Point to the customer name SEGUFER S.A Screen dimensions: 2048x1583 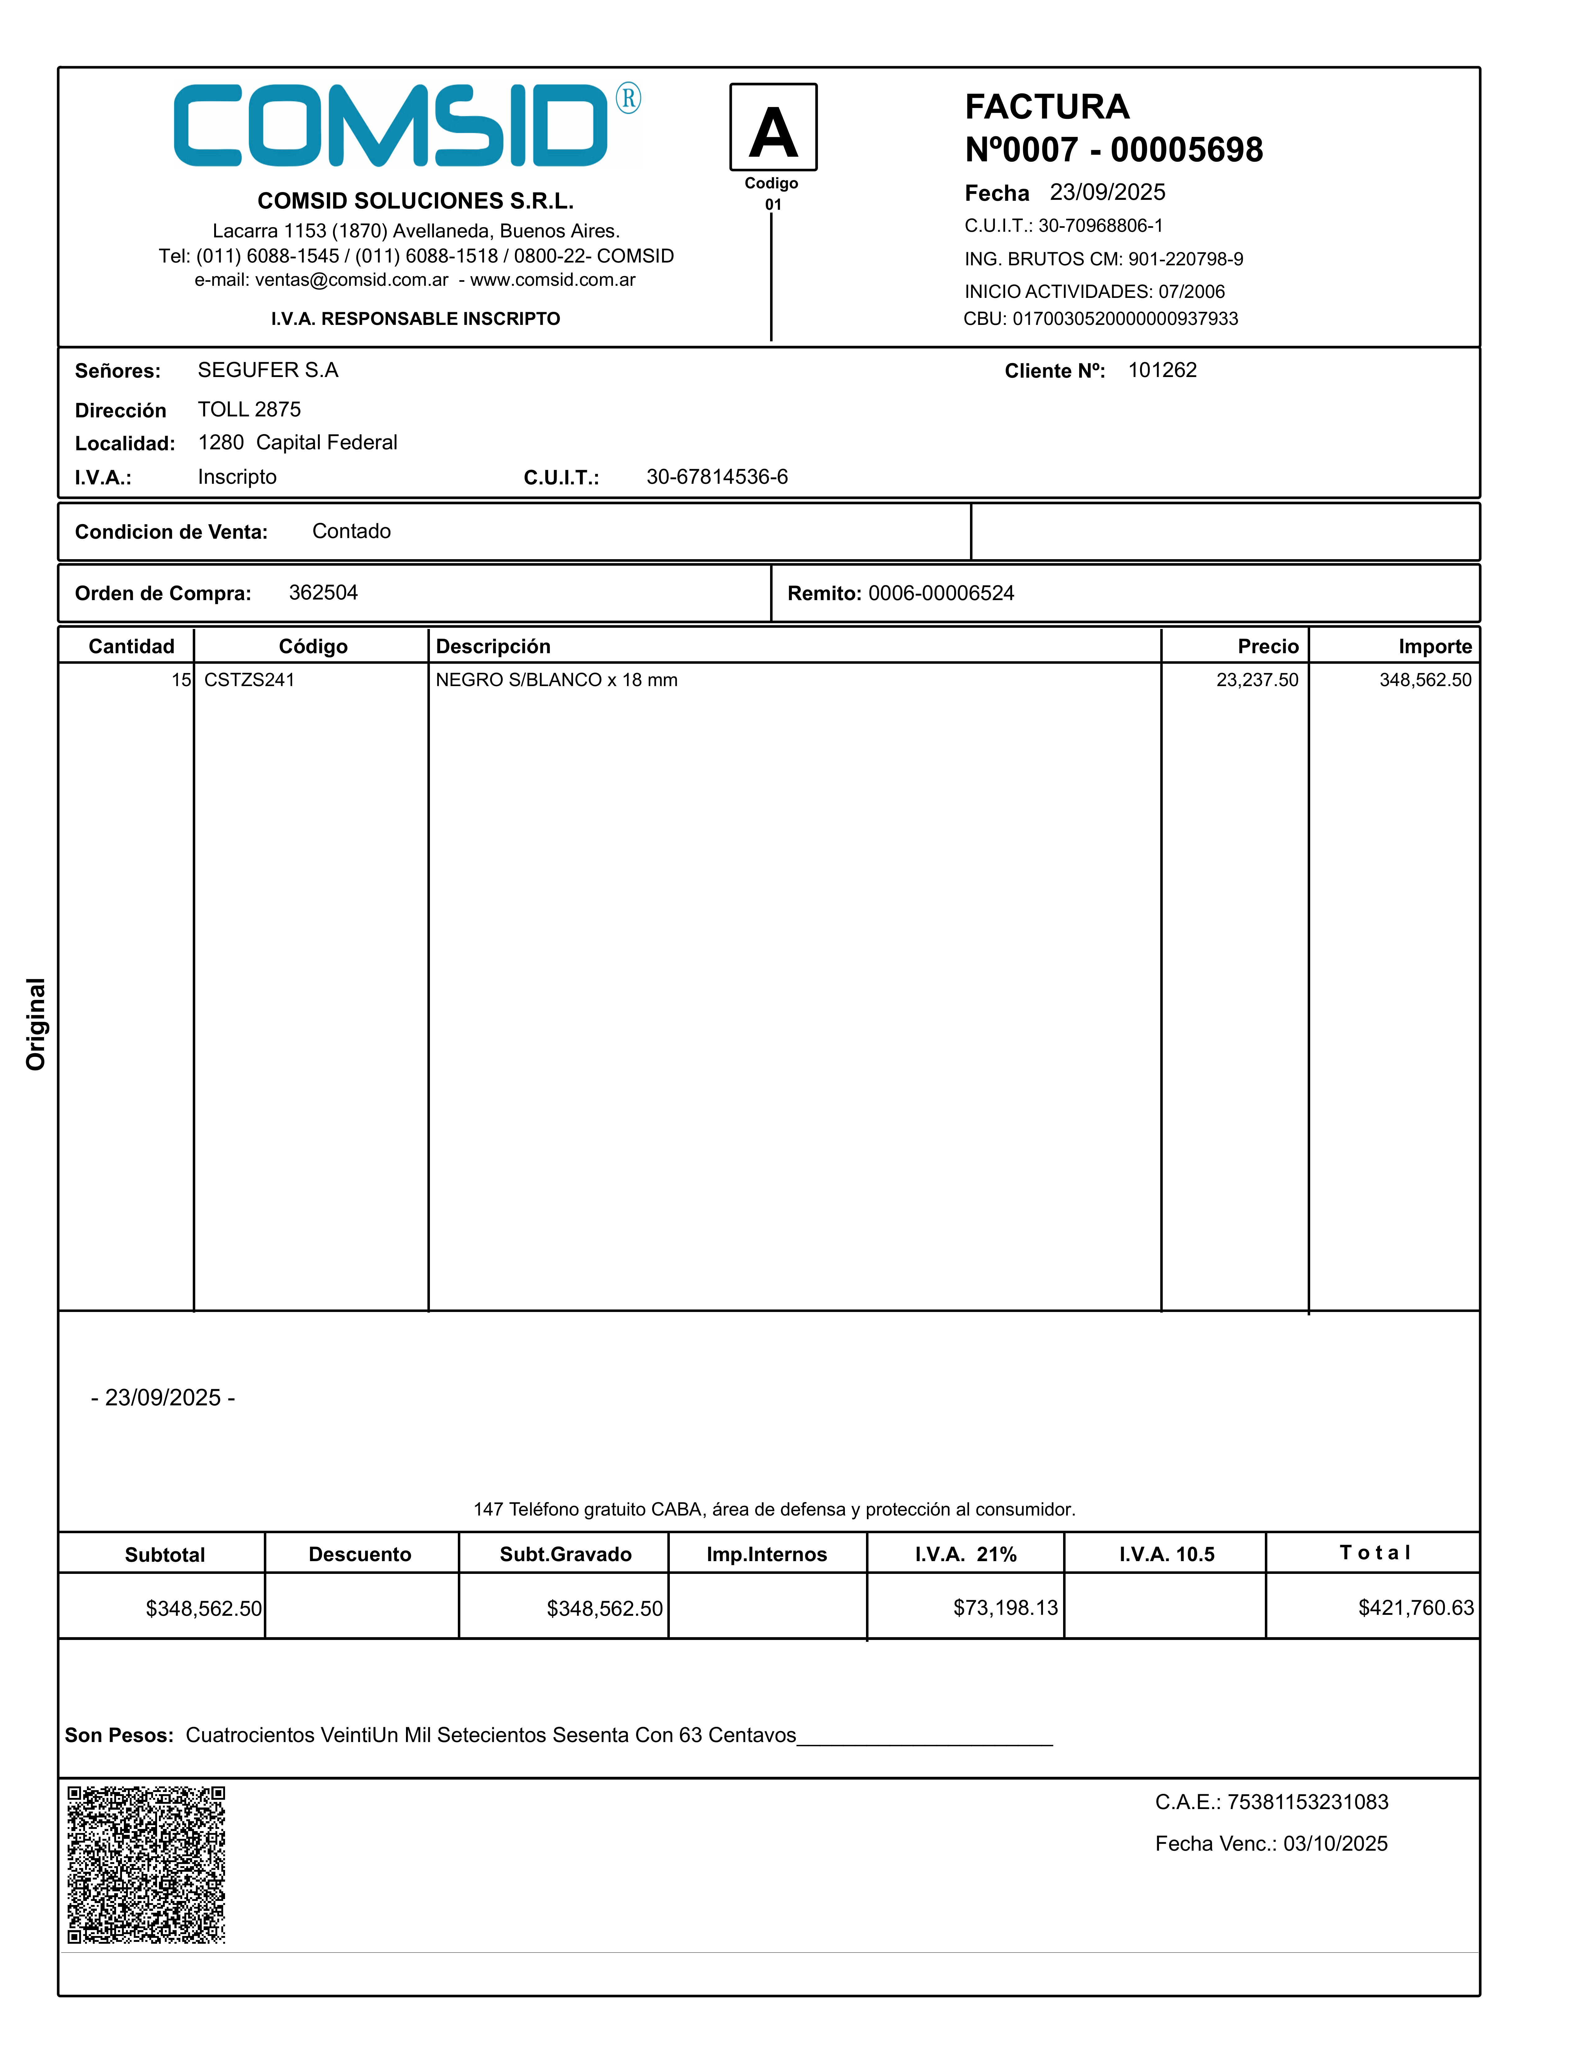[x=267, y=371]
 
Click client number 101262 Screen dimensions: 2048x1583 [x=1162, y=371]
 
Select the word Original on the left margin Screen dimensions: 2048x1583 [x=36, y=1024]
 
